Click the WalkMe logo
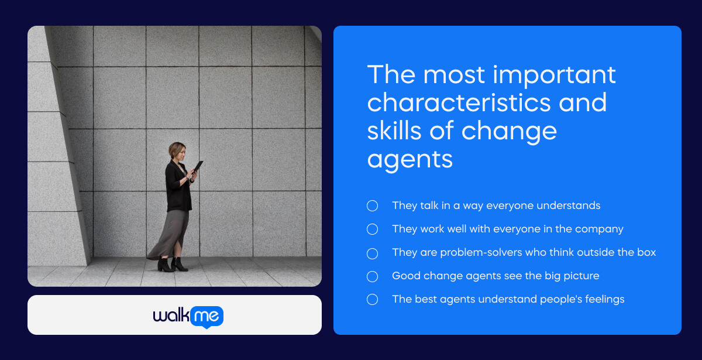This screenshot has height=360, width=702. [188, 316]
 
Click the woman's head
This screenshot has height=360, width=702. [177, 151]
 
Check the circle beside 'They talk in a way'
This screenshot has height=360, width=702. [372, 205]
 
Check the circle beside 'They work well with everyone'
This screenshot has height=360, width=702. [372, 229]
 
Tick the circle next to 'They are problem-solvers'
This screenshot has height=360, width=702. [372, 253]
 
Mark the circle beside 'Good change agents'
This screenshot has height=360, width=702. [372, 276]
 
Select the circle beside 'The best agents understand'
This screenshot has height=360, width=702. [372, 299]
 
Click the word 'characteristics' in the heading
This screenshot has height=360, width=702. [459, 103]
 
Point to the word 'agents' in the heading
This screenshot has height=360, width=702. [409, 158]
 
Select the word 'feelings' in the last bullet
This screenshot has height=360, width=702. [603, 299]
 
